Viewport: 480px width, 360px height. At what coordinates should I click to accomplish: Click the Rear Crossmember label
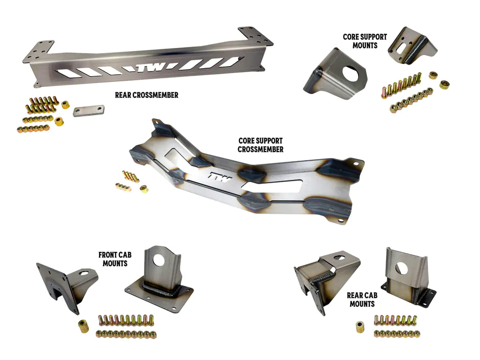point(147,95)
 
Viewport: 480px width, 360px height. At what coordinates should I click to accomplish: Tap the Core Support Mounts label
point(365,41)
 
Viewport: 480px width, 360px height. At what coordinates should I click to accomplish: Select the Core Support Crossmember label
point(261,145)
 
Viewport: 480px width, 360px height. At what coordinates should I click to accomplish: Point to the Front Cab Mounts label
point(115,259)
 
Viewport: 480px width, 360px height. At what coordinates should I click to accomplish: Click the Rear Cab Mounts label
point(362,300)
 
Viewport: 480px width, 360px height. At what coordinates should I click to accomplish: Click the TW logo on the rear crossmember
point(153,67)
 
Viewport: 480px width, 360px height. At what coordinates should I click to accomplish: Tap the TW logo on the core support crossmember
point(220,177)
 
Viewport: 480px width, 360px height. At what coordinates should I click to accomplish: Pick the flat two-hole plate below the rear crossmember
point(88,111)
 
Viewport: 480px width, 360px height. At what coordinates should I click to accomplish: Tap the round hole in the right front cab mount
point(159,260)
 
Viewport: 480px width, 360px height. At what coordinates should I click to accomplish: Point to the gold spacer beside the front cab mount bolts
point(83,326)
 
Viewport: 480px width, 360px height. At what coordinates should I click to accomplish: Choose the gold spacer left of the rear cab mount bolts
point(360,327)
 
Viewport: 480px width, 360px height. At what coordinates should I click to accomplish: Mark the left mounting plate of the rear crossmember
point(39,51)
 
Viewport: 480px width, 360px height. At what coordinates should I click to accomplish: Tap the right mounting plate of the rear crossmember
point(255,36)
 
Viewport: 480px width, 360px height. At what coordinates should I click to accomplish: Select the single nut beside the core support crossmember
point(144,189)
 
